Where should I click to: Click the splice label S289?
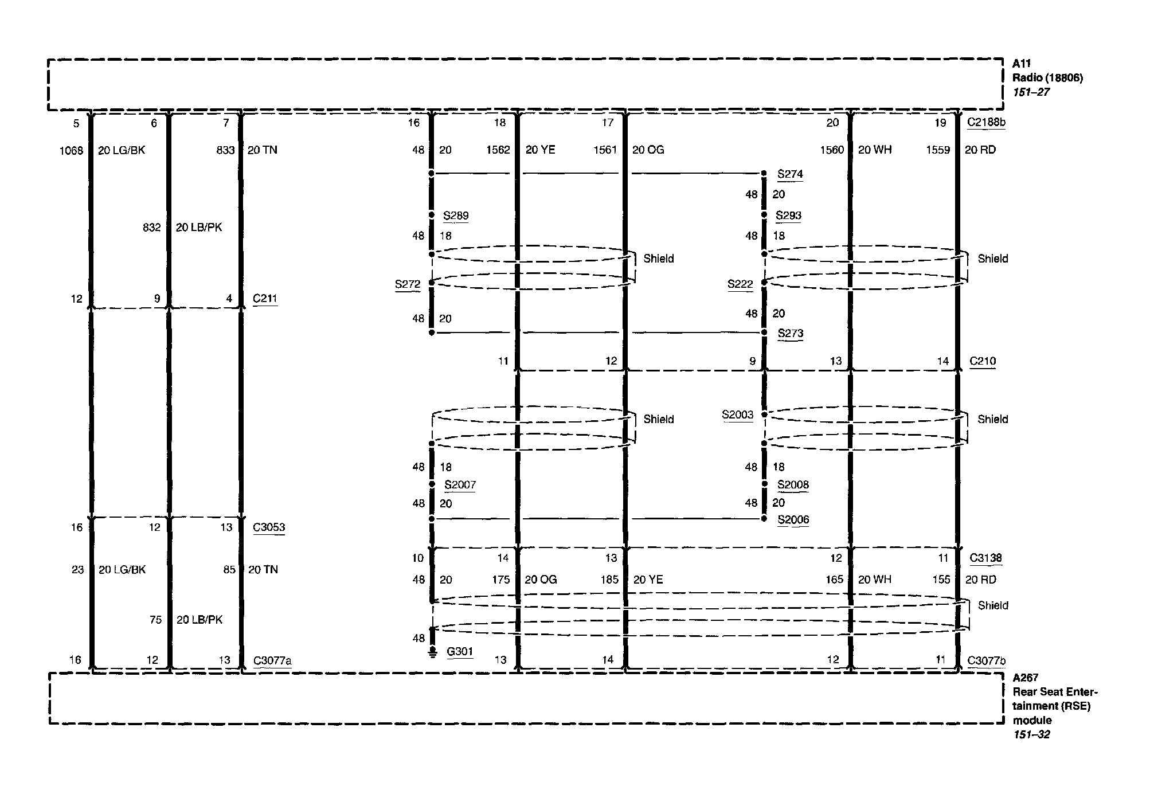click(456, 216)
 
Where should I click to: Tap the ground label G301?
click(460, 652)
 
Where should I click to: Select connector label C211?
click(265, 299)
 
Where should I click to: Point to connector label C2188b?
click(986, 122)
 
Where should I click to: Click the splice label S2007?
click(460, 485)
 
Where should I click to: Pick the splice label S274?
click(790, 174)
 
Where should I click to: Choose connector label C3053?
click(268, 527)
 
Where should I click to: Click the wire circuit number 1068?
click(71, 150)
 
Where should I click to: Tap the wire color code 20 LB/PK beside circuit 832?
click(198, 228)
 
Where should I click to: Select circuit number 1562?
click(498, 150)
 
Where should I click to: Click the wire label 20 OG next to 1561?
click(648, 150)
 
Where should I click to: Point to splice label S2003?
click(737, 414)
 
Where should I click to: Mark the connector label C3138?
click(985, 558)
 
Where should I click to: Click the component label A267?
click(1025, 678)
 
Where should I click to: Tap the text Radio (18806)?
click(1047, 78)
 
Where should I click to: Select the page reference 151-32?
click(1031, 734)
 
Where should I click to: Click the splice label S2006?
click(793, 520)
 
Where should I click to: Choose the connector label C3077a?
click(272, 661)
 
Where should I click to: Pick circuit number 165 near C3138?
click(834, 580)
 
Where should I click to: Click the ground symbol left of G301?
click(432, 652)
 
